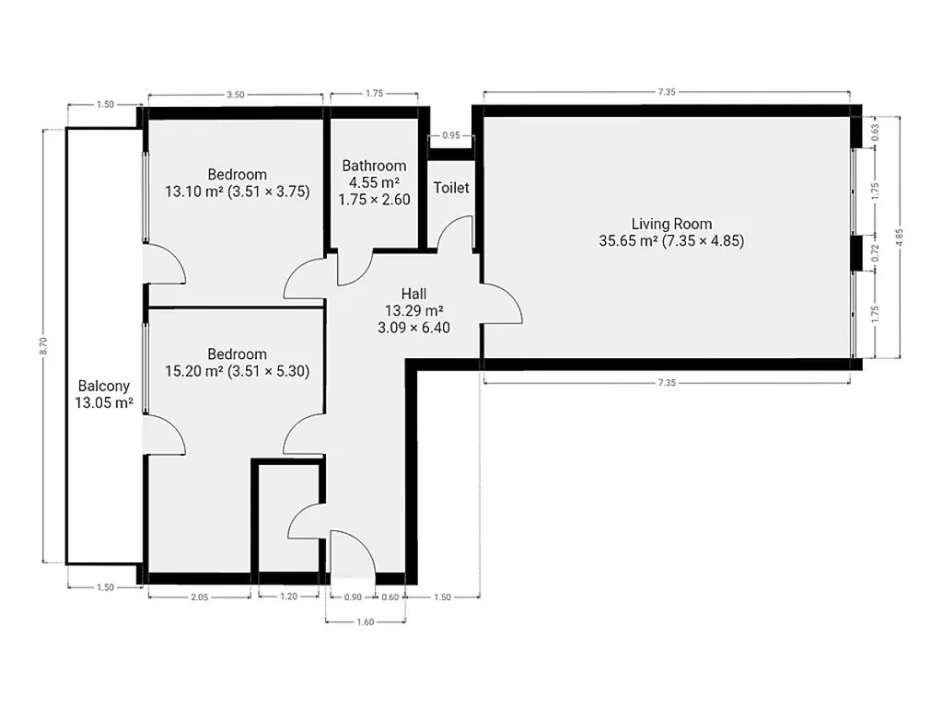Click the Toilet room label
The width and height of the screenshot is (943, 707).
pos(451,188)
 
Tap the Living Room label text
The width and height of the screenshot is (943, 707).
pos(671,224)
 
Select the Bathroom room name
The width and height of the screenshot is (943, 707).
pos(374,166)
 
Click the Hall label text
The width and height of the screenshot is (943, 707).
pos(413,294)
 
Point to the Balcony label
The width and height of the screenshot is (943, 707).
pos(104,386)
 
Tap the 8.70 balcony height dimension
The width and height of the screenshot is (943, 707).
pos(43,346)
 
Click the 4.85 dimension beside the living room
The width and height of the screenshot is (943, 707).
pos(900,237)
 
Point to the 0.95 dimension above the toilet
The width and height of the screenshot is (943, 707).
pos(451,135)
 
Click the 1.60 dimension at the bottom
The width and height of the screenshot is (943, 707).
pos(365,622)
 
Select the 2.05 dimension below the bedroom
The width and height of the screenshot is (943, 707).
pos(199,597)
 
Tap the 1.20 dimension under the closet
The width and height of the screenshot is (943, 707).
pos(288,597)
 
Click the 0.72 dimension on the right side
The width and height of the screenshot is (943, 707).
pos(875,252)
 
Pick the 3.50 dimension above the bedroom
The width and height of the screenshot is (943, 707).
pos(235,95)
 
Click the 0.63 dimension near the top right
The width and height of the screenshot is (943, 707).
pos(875,131)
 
